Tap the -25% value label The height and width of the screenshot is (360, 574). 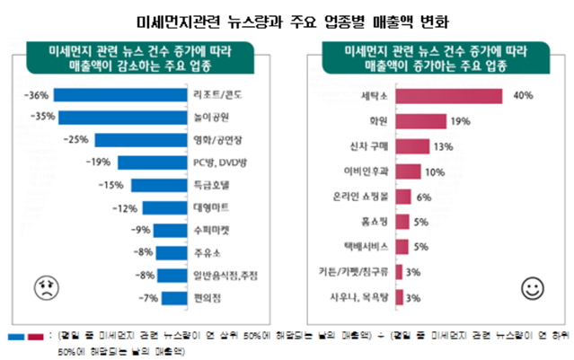coord(76,139)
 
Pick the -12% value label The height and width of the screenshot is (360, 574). coord(122,208)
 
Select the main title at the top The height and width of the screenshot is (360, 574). coord(287,18)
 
